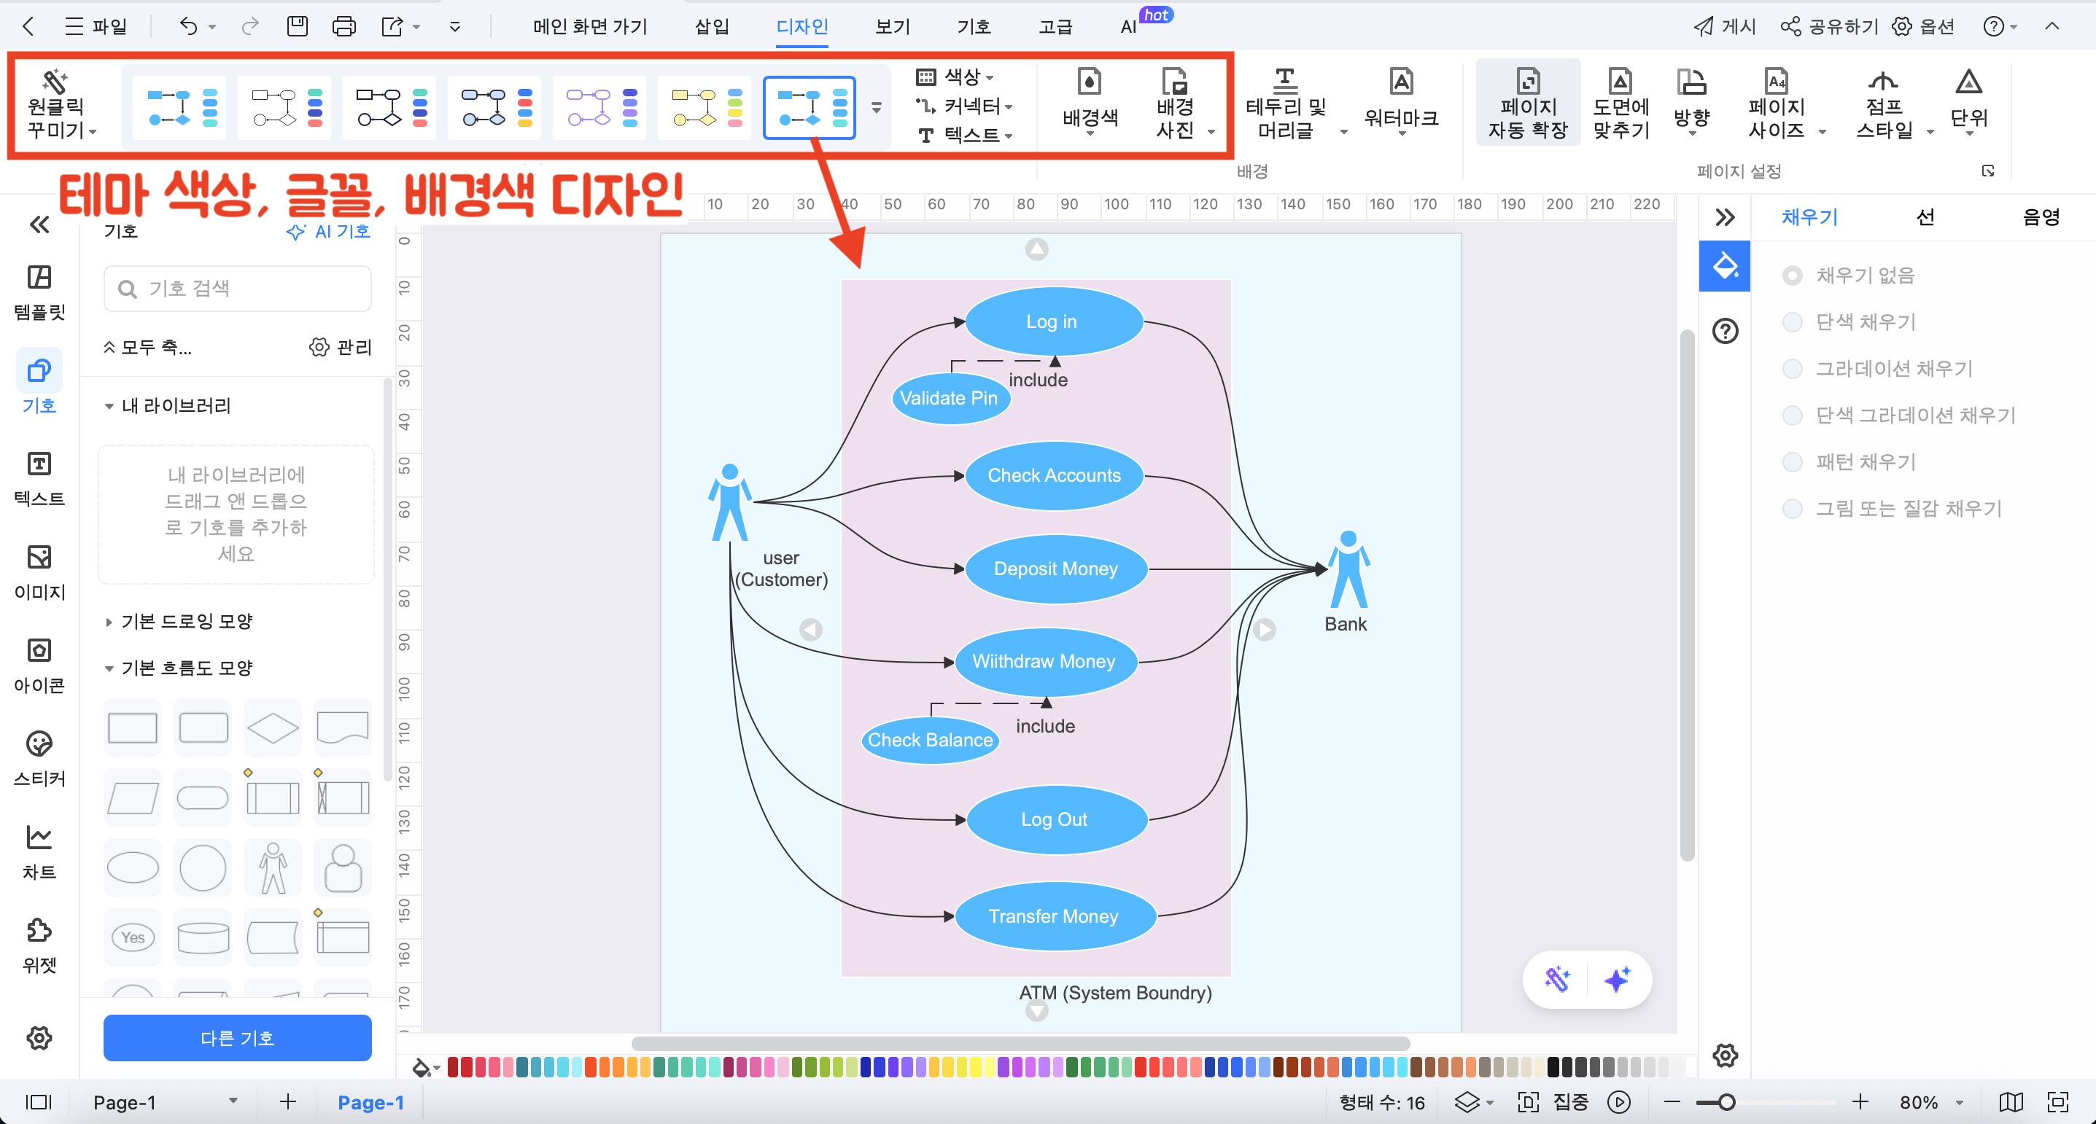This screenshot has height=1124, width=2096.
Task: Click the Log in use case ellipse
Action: coord(1053,321)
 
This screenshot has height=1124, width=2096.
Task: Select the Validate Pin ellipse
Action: coord(950,398)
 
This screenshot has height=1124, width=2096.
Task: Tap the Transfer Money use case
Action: coord(1053,916)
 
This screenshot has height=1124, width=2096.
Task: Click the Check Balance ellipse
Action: coord(930,739)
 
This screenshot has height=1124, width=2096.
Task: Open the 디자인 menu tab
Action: coord(801,27)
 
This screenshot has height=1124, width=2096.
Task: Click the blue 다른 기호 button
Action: coord(237,1037)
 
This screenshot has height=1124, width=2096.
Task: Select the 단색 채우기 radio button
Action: coord(1792,322)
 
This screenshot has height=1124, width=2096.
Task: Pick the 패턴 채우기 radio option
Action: coord(1792,462)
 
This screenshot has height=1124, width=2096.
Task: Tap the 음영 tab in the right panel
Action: coord(2040,216)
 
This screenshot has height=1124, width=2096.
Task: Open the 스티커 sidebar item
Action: coord(39,757)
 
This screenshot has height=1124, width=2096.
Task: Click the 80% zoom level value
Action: coord(1918,1102)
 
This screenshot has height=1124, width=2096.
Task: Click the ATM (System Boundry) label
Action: coord(1114,992)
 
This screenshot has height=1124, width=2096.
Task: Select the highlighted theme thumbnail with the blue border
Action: coord(810,107)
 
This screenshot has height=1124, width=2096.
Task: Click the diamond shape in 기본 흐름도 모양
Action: coord(273,727)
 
